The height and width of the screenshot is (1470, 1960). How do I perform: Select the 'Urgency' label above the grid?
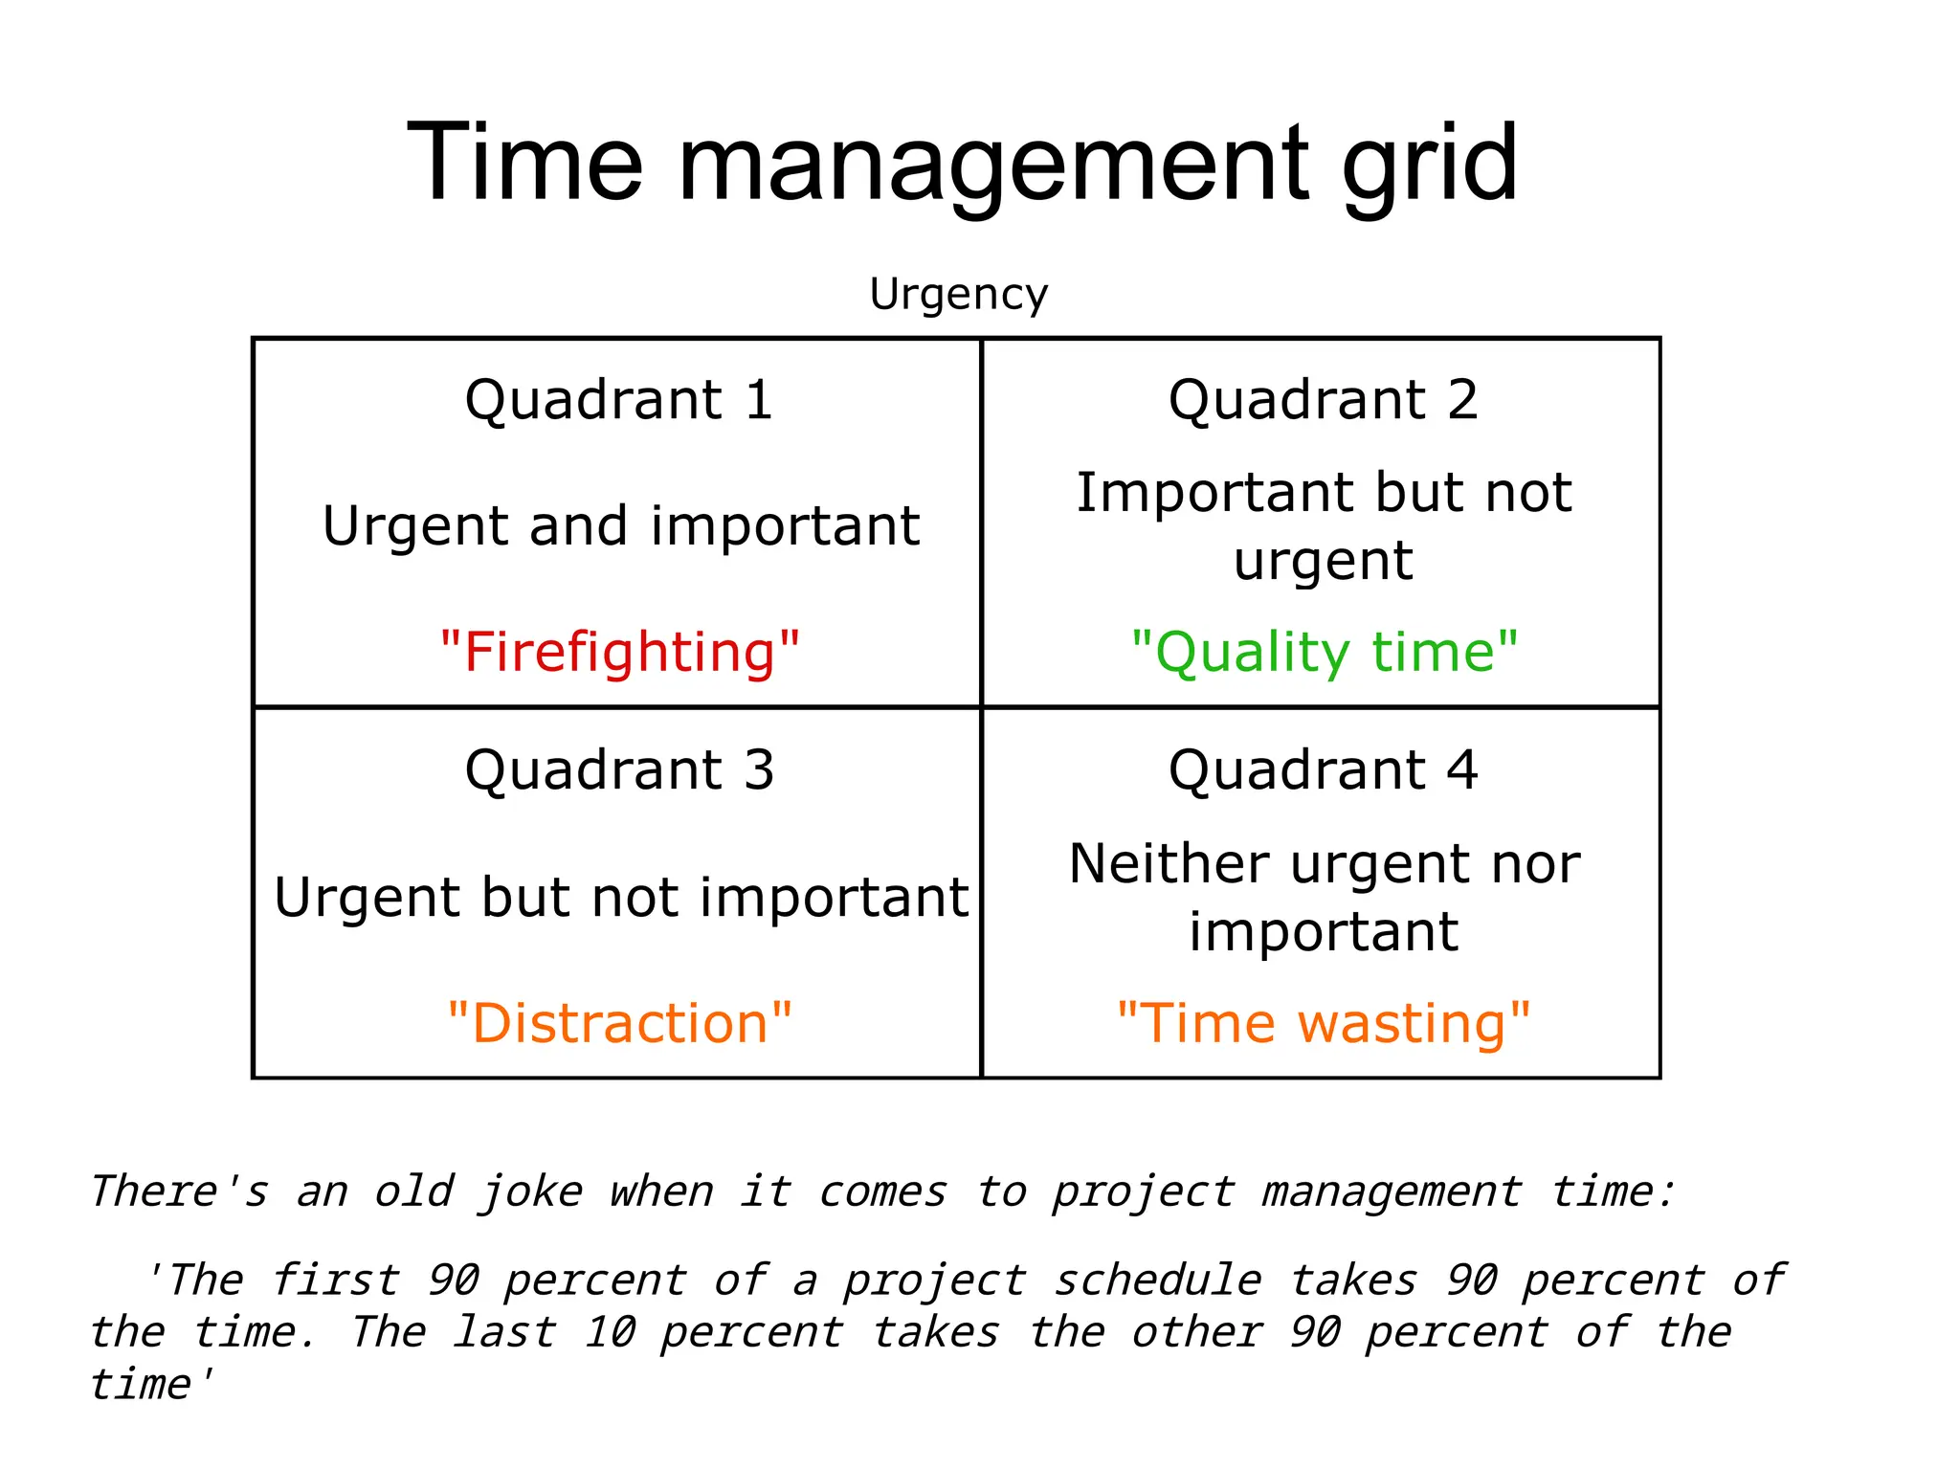pyautogui.click(x=958, y=294)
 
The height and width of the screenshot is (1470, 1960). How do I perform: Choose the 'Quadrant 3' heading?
pyautogui.click(x=619, y=769)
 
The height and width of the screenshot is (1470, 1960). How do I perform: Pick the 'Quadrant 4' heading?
pyautogui.click(x=1323, y=769)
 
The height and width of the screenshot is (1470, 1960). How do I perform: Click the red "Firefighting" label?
pyautogui.click(x=619, y=652)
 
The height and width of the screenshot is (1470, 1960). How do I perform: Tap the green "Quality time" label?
pyautogui.click(x=1324, y=652)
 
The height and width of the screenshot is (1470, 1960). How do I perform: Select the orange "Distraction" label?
pyautogui.click(x=619, y=1023)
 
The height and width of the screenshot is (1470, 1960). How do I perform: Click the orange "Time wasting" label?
pyautogui.click(x=1324, y=1023)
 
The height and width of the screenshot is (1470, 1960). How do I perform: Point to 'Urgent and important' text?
pyautogui.click(x=621, y=525)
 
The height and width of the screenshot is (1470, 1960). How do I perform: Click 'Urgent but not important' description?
pyautogui.click(x=621, y=897)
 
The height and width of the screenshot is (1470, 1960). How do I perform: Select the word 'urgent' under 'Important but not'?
pyautogui.click(x=1323, y=560)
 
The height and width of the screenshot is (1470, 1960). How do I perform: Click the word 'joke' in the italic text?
pyautogui.click(x=530, y=1192)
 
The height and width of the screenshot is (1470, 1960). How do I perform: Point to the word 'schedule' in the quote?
pyautogui.click(x=1158, y=1281)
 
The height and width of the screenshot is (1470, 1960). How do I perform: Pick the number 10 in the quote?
pyautogui.click(x=609, y=1332)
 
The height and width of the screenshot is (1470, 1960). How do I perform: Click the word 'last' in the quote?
pyautogui.click(x=504, y=1332)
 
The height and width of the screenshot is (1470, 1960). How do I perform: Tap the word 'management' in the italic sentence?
pyautogui.click(x=1391, y=1192)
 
